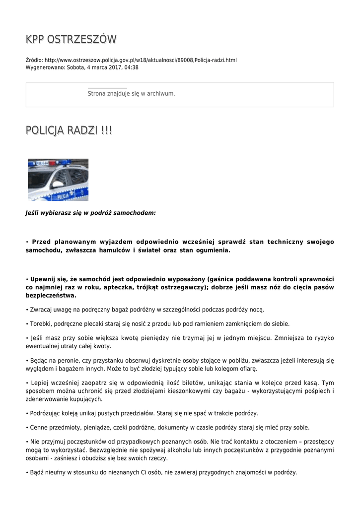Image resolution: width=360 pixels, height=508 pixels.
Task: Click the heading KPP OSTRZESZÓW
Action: tap(71, 39)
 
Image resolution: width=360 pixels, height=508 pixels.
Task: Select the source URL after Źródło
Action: tap(141, 60)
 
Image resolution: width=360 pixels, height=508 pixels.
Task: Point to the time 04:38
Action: tap(132, 67)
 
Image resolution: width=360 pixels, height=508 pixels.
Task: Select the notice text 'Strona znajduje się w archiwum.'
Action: tap(131, 93)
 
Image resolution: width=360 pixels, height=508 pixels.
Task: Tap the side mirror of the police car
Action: tap(59, 184)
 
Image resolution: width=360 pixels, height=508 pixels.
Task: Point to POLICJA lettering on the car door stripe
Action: tap(63, 196)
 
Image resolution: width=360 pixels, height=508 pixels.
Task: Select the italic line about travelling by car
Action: tap(90, 212)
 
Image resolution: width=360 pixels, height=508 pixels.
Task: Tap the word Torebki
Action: tap(39, 323)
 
